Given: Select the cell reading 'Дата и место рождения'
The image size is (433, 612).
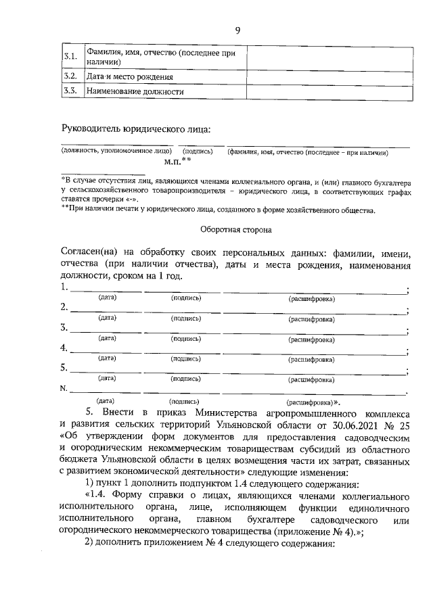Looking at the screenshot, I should click(125, 76).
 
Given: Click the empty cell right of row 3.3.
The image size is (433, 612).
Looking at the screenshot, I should click(327, 91).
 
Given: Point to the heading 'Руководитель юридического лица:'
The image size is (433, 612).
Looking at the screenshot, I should click(136, 128).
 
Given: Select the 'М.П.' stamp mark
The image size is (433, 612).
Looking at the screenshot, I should click(175, 162).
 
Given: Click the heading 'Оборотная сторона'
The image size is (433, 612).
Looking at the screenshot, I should click(236, 230).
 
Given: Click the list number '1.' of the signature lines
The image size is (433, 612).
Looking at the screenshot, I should click(64, 287).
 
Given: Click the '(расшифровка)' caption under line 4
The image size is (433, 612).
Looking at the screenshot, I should click(312, 359).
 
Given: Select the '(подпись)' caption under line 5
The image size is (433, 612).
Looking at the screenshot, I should click(185, 379).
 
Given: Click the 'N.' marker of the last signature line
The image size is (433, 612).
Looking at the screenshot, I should click(64, 389).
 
